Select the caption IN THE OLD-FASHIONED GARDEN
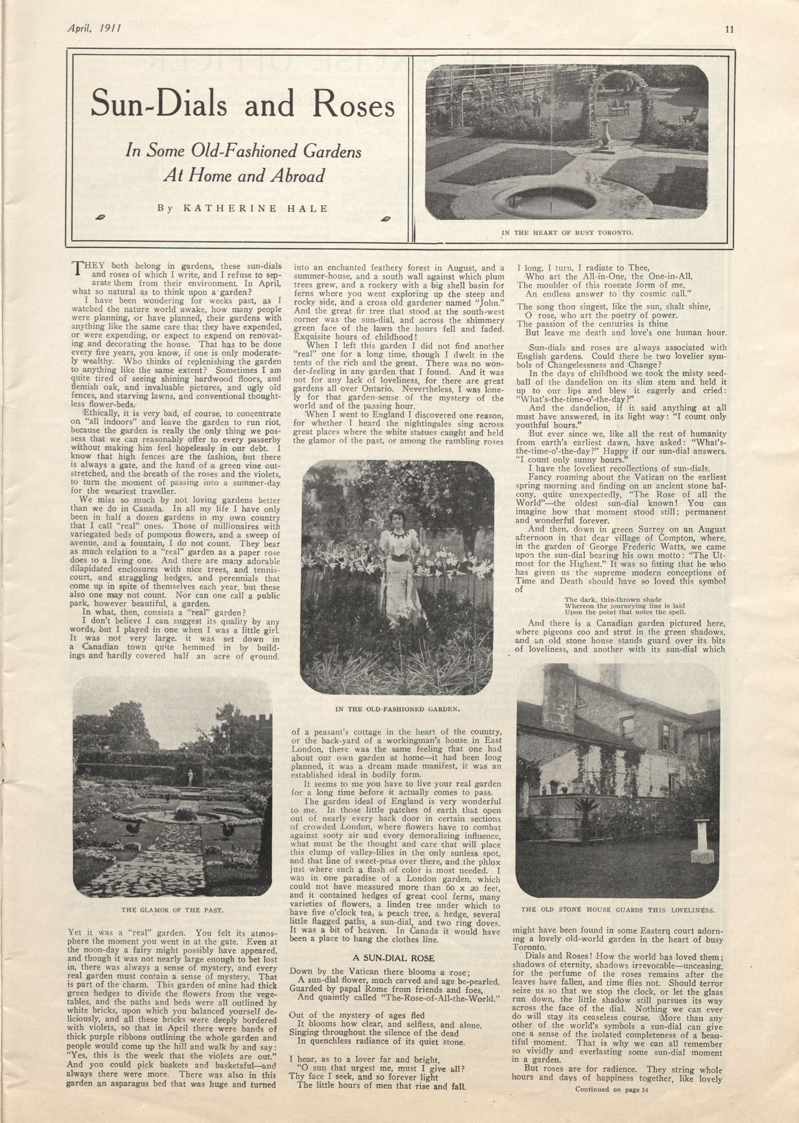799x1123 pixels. (x=397, y=709)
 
